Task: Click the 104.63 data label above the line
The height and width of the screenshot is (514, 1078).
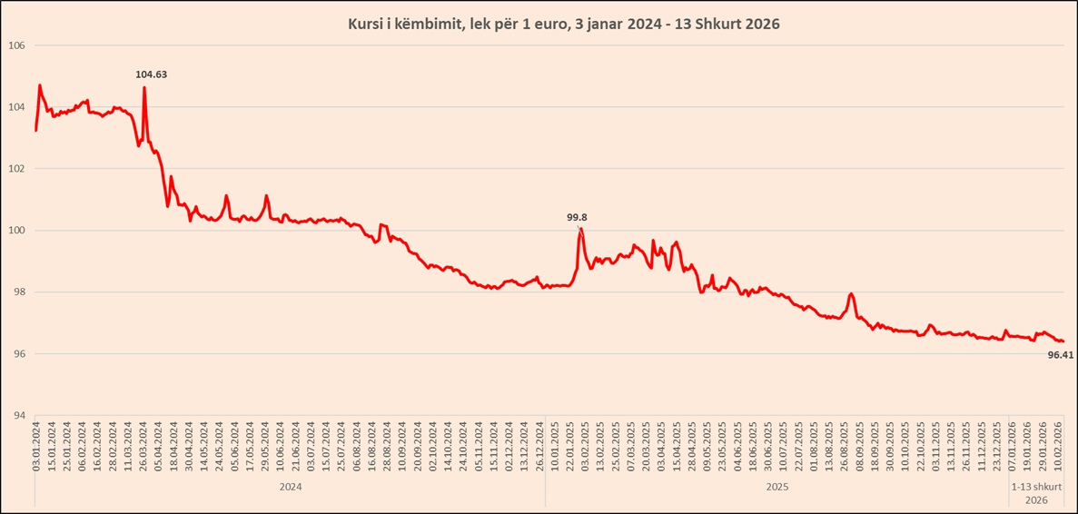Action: pyautogui.click(x=152, y=74)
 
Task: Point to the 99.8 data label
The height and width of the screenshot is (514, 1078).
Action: pyautogui.click(x=577, y=217)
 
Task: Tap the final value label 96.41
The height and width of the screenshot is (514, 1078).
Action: pyautogui.click(x=1060, y=355)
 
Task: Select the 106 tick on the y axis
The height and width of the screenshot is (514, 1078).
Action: pyautogui.click(x=16, y=45)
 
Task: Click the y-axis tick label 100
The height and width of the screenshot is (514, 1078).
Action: pyautogui.click(x=16, y=231)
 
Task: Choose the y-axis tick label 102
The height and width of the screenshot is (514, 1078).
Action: pyautogui.click(x=16, y=169)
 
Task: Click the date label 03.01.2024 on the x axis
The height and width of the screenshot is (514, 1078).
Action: pyautogui.click(x=36, y=446)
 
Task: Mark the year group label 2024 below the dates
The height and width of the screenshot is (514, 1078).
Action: pyautogui.click(x=290, y=487)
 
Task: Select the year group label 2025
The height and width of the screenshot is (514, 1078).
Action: pyautogui.click(x=776, y=487)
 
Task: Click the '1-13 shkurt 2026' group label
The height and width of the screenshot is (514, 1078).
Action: pyautogui.click(x=1035, y=493)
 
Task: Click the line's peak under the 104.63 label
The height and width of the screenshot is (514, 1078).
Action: pyautogui.click(x=144, y=88)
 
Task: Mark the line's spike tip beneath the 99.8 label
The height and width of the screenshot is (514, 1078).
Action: pyautogui.click(x=580, y=229)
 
